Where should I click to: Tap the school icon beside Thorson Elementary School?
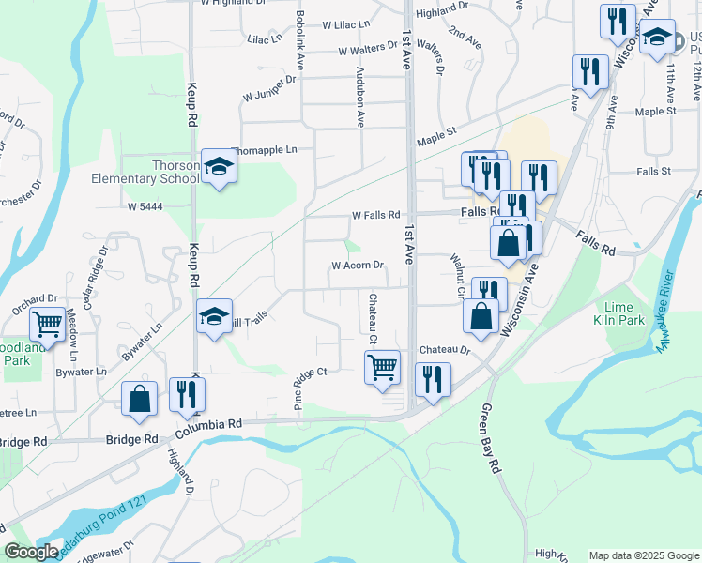pos(219,167)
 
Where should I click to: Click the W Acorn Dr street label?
pos(358,266)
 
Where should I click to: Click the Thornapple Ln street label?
pos(264,149)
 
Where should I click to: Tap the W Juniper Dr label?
pos(269,95)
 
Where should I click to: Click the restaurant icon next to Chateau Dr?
pos(433,379)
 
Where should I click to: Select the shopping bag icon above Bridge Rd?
pos(139,398)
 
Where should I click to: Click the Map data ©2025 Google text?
pos(643,555)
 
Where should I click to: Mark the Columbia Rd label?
pos(208,424)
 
